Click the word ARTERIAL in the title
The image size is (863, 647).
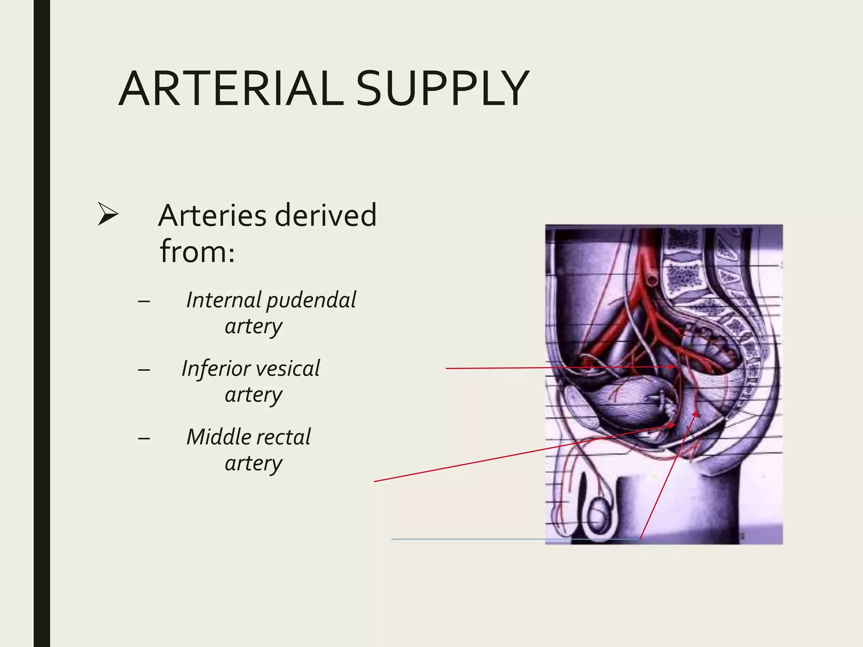click(x=231, y=89)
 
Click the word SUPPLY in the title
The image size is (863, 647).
click(x=442, y=89)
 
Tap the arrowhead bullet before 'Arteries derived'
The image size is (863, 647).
click(x=107, y=214)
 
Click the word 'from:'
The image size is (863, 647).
click(x=197, y=251)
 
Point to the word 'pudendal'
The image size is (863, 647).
click(x=311, y=301)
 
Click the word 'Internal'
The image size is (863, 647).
click(x=223, y=300)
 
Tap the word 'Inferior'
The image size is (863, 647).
click(x=215, y=369)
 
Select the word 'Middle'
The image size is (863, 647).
click(x=220, y=437)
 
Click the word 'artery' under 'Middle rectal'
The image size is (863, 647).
click(x=253, y=464)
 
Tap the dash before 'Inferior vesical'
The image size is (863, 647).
click(x=144, y=370)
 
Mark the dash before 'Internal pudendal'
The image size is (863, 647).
click(x=144, y=302)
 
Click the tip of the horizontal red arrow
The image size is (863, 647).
click(x=675, y=367)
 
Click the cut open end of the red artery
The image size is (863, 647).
click(x=652, y=279)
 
